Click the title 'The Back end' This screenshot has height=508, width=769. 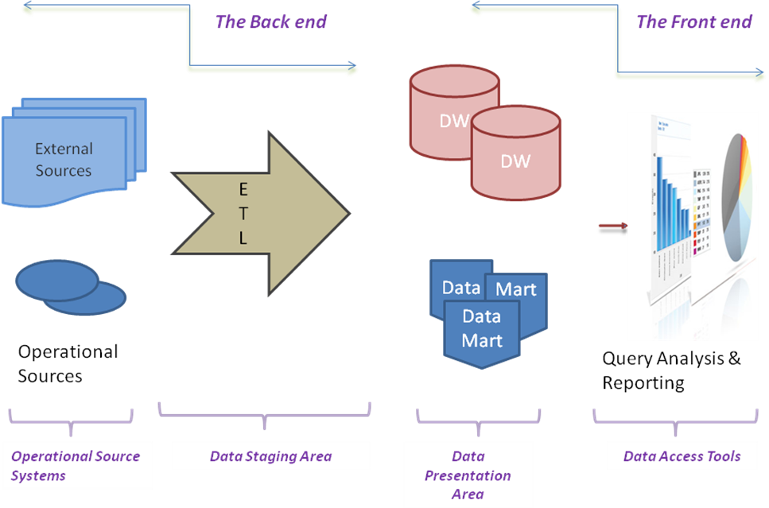point(270,21)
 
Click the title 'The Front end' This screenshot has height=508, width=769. point(693,21)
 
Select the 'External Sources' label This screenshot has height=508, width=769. point(64,160)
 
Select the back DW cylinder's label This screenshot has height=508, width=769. point(453,122)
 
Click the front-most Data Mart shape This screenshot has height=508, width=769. point(481,329)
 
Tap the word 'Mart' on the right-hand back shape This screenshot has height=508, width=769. point(516,290)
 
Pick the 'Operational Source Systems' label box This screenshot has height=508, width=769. point(77,466)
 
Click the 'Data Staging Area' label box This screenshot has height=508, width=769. point(271,456)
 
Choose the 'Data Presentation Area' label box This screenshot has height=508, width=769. point(468,475)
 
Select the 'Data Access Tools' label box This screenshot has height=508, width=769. point(682,456)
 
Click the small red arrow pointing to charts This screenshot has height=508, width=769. point(612,226)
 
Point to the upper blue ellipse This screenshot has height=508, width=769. point(56,280)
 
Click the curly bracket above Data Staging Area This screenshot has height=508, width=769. point(264,413)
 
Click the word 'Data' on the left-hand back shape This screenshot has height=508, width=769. point(460,288)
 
